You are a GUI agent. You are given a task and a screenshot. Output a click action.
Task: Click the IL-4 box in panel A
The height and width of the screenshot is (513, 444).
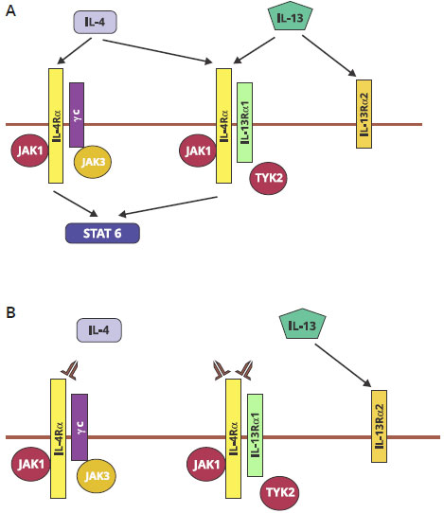tap(95, 23)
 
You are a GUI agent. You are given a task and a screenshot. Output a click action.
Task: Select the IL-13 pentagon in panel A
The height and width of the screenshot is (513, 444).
tap(291, 17)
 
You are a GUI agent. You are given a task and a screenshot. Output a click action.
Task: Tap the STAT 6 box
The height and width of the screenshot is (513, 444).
tap(102, 233)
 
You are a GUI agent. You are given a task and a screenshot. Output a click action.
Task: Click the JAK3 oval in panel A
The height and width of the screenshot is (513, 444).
tap(93, 162)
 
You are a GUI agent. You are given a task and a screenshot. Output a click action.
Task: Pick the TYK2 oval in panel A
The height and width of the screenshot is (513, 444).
tap(268, 178)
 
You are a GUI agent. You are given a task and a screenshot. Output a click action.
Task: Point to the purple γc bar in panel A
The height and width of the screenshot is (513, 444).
tap(77, 115)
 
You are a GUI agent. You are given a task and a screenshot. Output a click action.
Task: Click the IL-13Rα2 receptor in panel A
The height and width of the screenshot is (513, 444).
tap(364, 114)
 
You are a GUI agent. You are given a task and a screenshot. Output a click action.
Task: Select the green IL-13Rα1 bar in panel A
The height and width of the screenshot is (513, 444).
tap(245, 122)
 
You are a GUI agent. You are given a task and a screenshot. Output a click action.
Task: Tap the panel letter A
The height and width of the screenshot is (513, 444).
tap(10, 11)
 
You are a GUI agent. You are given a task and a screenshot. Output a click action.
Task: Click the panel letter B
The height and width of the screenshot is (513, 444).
tap(10, 312)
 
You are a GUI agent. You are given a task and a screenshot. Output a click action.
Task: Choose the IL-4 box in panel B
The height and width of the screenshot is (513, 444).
tap(99, 330)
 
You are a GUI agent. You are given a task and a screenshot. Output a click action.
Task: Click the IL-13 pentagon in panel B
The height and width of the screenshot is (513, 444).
tap(303, 324)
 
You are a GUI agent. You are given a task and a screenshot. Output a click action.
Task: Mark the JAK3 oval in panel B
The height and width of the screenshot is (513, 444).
tap(97, 476)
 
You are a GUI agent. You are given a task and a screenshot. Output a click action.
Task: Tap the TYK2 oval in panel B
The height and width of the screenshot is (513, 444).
tap(280, 493)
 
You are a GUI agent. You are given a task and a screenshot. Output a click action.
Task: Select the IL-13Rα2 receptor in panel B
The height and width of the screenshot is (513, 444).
tap(379, 426)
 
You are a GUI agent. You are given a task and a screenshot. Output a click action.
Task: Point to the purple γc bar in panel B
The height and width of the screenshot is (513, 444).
tap(80, 427)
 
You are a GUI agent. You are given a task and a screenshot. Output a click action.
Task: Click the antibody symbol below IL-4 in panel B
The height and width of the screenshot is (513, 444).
tap(69, 370)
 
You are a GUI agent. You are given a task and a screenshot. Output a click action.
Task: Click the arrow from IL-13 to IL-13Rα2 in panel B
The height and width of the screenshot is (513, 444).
tap(343, 365)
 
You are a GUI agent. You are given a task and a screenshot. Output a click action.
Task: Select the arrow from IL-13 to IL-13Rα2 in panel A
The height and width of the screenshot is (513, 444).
tap(329, 56)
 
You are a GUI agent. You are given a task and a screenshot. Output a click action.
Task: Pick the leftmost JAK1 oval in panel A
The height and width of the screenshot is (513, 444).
tap(30, 150)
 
